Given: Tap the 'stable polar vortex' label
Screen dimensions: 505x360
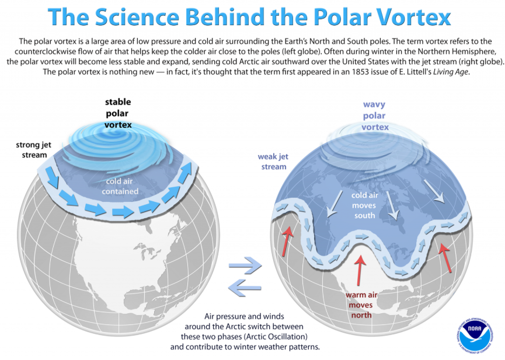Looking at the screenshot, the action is pyautogui.click(x=118, y=113).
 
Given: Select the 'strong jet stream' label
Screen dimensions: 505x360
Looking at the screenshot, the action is pyautogui.click(x=33, y=150).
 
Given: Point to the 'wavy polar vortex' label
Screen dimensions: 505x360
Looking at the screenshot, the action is pyautogui.click(x=375, y=116).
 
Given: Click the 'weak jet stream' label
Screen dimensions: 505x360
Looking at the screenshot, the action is pyautogui.click(x=273, y=162).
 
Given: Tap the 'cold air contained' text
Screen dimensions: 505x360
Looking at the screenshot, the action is pyautogui.click(x=120, y=186).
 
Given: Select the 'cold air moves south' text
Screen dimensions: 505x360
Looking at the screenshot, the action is pyautogui.click(x=364, y=205).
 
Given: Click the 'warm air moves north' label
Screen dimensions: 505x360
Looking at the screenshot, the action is pyautogui.click(x=361, y=305).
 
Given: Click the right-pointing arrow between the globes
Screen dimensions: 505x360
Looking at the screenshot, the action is pyautogui.click(x=245, y=265).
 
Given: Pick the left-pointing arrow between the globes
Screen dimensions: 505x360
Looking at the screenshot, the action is pyautogui.click(x=245, y=288).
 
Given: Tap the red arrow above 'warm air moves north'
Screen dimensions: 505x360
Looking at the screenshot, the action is pyautogui.click(x=360, y=270).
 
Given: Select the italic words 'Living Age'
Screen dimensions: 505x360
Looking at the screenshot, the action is pyautogui.click(x=451, y=72).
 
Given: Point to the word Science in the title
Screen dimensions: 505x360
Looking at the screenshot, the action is pyautogui.click(x=137, y=16).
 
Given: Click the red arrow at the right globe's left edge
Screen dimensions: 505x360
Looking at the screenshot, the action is pyautogui.click(x=288, y=241).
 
